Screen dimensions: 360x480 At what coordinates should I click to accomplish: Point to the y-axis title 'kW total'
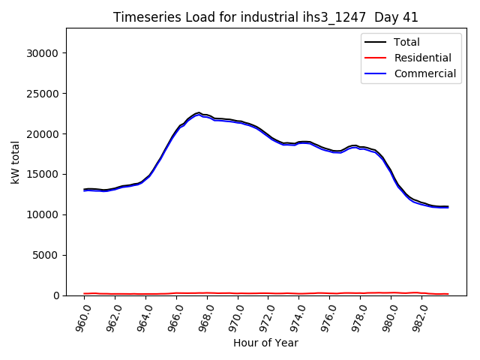pos(16,162)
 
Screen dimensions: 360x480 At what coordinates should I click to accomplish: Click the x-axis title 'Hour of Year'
pos(265,343)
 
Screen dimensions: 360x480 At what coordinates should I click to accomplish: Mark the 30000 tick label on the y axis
pos(43,53)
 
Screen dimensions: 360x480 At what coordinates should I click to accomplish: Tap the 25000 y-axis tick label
pos(43,94)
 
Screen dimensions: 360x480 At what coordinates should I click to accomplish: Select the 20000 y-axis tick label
pos(43,134)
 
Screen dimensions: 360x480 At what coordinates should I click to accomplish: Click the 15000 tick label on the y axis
pos(43,175)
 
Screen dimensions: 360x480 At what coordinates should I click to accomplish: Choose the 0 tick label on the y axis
pos(57,295)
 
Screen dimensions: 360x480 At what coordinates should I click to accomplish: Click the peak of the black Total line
pos(199,112)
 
